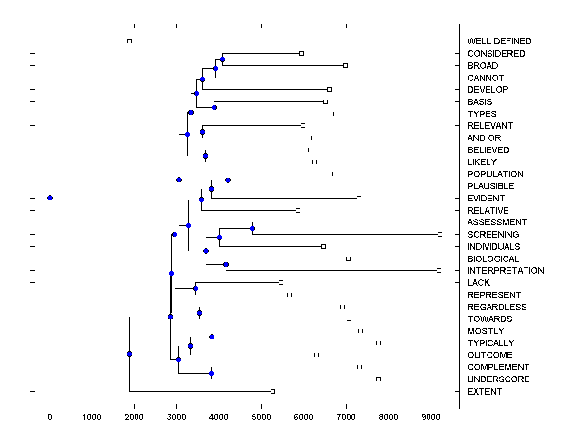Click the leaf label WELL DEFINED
click(x=499, y=41)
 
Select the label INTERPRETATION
click(x=506, y=271)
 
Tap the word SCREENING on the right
click(x=493, y=234)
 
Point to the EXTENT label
click(x=485, y=392)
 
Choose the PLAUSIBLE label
click(x=490, y=186)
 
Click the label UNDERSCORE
click(x=498, y=379)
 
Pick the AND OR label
click(x=484, y=138)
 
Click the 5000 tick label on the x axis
click(x=261, y=416)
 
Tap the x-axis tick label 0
click(x=50, y=416)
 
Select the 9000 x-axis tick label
click(x=430, y=416)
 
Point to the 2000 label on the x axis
click(x=134, y=416)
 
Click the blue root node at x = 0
click(x=50, y=198)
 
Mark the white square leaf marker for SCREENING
click(x=440, y=234)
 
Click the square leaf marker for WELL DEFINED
click(x=129, y=41)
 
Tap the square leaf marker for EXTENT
click(x=273, y=391)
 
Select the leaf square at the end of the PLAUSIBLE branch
click(x=422, y=186)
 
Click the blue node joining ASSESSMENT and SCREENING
click(x=252, y=228)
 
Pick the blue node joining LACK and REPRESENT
click(x=195, y=288)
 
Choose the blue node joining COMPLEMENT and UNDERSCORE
click(x=211, y=373)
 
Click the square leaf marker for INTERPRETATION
click(x=439, y=270)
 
